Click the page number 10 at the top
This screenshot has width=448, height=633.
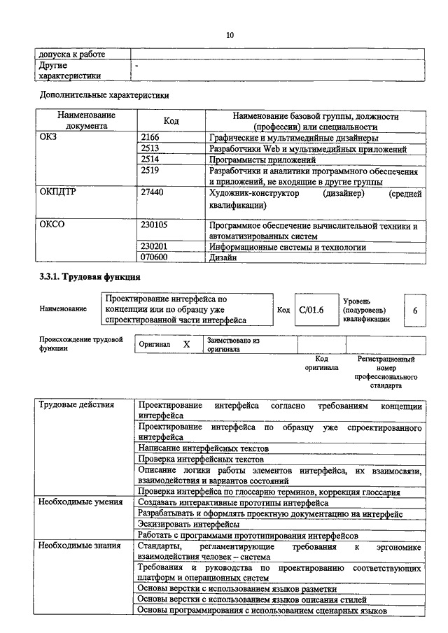click(x=230, y=35)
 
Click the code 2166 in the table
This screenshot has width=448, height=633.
click(x=150, y=138)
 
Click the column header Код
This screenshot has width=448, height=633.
click(x=171, y=121)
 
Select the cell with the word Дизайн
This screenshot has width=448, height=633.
click(x=223, y=258)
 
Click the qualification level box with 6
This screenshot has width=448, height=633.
click(x=414, y=310)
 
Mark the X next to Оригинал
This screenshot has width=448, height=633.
click(x=186, y=344)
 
